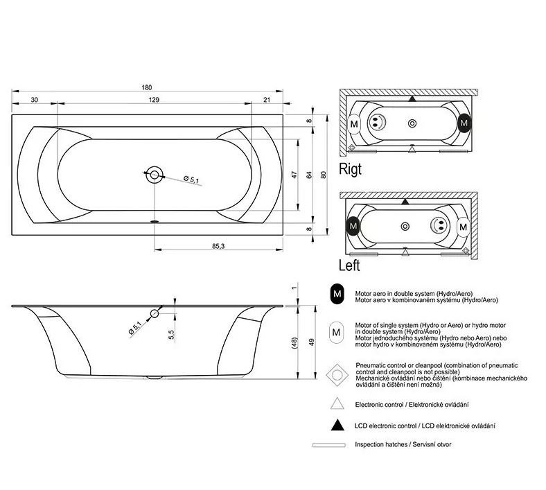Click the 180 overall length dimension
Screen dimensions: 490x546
pos(146,87)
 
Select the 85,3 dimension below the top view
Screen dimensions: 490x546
pos(217,247)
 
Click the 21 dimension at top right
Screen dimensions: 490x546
pos(267,100)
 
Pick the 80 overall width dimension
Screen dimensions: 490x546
pos(324,175)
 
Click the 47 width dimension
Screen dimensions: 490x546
pos(294,175)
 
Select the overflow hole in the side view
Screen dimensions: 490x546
pos(155,315)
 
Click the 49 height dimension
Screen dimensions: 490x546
pos(312,341)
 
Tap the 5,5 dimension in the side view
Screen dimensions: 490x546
pos(171,333)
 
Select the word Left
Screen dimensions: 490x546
pos(350,265)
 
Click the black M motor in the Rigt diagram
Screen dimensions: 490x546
pos(464,123)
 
